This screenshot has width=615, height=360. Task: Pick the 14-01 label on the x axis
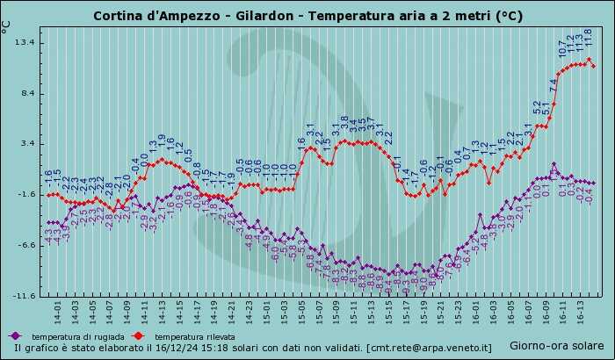point(58,312)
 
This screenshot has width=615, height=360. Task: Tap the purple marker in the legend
point(15,335)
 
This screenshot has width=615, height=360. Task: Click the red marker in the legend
point(137,335)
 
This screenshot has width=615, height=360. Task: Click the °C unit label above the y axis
point(7,26)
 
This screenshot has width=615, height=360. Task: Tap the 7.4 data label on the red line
point(553,85)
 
